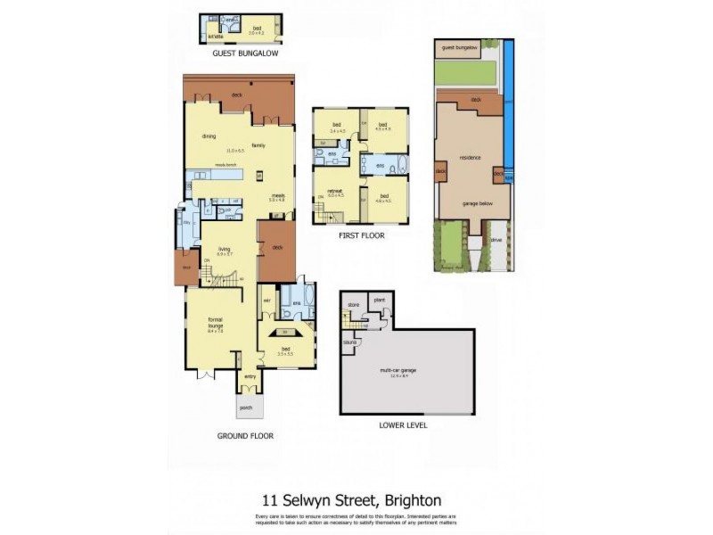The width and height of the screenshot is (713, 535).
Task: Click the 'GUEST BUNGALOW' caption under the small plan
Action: point(245,53)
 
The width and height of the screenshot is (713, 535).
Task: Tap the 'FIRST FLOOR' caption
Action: point(361,235)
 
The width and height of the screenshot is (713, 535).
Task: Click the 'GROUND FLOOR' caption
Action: point(245,436)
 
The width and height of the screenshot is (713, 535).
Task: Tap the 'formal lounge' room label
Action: point(215,322)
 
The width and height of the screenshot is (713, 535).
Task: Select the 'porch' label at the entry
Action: point(246,407)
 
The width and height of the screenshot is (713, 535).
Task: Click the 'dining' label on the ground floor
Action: point(209,136)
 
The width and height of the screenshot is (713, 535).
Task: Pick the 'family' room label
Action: point(258,144)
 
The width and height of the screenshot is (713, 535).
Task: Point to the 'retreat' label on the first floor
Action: point(335,191)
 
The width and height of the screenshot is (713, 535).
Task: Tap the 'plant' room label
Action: point(379,300)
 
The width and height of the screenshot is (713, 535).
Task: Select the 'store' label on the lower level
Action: point(353,305)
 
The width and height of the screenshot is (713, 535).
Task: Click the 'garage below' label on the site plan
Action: point(478,203)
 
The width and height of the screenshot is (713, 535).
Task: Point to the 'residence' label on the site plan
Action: point(470,158)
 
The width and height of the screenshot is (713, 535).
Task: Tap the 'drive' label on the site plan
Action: point(497,239)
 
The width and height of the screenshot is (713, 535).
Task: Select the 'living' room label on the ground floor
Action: point(225,250)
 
